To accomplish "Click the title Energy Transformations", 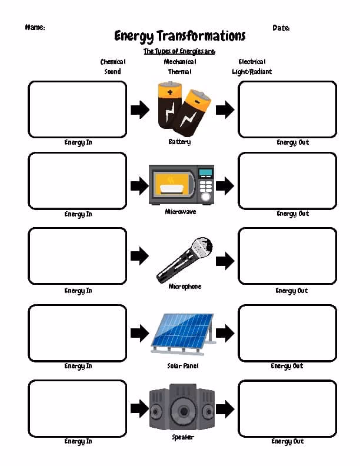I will click(x=179, y=36).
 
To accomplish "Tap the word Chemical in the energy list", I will click(x=113, y=62).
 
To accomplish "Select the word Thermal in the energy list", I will click(x=179, y=72).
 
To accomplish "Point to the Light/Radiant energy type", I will click(x=252, y=72).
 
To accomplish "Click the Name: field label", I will click(x=35, y=27).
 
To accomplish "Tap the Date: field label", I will click(x=281, y=28).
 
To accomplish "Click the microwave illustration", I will click(x=181, y=185).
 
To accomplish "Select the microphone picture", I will click(x=185, y=258).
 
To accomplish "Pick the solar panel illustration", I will click(x=182, y=334).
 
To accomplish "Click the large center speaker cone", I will click(x=183, y=410).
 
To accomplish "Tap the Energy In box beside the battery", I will click(x=77, y=109).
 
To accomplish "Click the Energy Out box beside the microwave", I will click(x=287, y=181).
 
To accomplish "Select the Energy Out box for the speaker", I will click(x=287, y=408).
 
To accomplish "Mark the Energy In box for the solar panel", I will click(x=77, y=332).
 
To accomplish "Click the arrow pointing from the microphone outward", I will click(x=225, y=259).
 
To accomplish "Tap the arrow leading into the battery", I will click(x=140, y=109).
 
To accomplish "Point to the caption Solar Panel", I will click(x=183, y=366).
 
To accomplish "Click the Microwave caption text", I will click(x=181, y=212).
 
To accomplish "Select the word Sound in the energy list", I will click(x=112, y=72).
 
